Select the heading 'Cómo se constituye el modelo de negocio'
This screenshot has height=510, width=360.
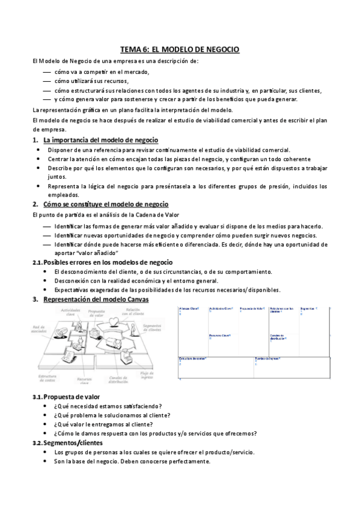[x=106, y=204]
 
